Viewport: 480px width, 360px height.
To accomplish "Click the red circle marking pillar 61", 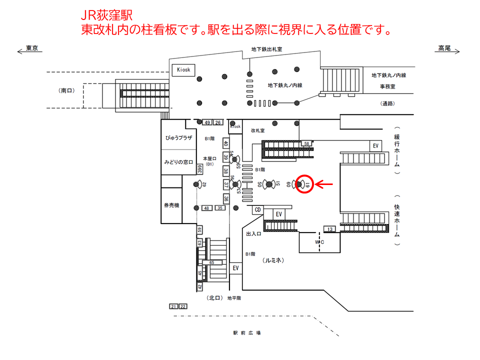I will (x=304, y=184).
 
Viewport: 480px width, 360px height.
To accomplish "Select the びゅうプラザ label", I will (x=179, y=137).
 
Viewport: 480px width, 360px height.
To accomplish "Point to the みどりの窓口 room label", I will (x=179, y=162).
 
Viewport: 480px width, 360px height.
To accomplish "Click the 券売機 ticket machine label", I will (x=171, y=205).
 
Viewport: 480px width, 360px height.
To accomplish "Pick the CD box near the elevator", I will (x=258, y=209).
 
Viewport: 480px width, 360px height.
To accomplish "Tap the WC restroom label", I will (x=319, y=242).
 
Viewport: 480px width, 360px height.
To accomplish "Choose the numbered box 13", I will (x=330, y=229).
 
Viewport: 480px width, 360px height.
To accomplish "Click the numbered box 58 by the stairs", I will (x=306, y=143).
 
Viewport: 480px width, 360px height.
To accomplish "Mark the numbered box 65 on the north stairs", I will (x=212, y=262).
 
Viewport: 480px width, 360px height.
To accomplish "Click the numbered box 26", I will (x=217, y=122).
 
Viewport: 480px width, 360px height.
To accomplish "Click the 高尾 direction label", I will (x=444, y=48).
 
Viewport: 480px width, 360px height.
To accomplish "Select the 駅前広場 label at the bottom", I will (x=247, y=333).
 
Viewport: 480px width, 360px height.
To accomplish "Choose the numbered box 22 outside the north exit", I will (x=183, y=306).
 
